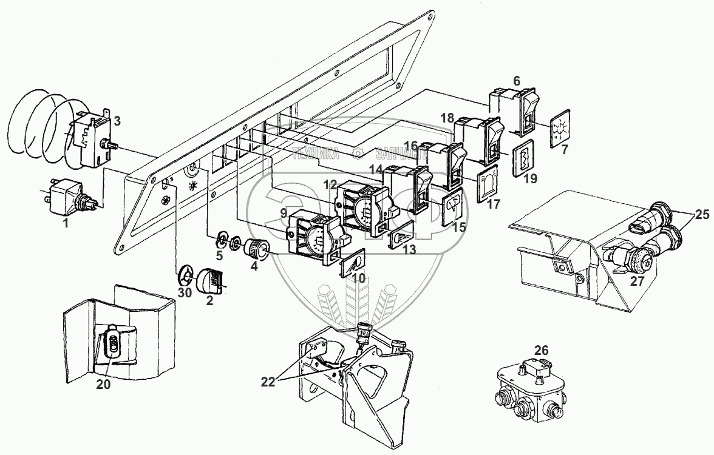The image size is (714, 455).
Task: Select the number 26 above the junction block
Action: (542, 350)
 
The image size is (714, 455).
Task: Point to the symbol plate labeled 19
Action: (522, 160)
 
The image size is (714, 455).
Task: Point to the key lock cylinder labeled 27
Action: (633, 260)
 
